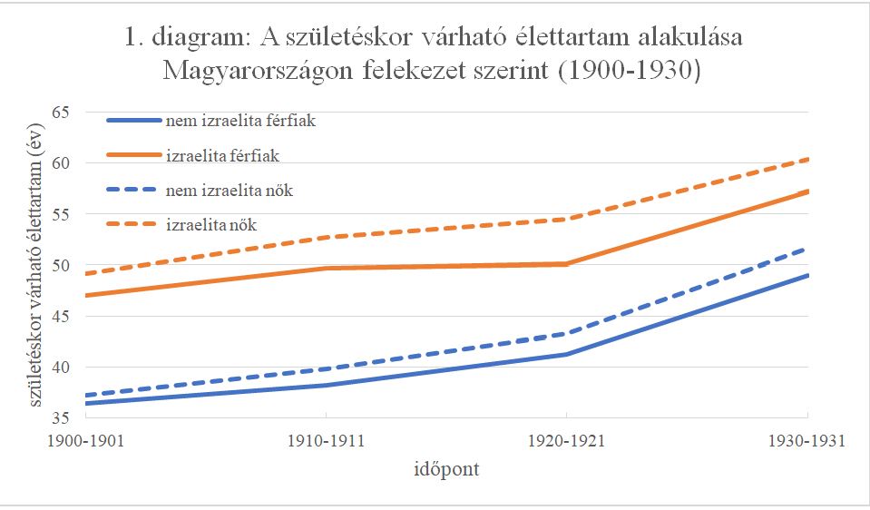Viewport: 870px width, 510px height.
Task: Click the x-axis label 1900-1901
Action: point(84,442)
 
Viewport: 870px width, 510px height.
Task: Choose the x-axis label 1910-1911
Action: point(326,442)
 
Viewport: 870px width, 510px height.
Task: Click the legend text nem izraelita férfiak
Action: point(240,121)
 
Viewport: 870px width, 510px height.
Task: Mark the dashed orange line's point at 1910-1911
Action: point(326,237)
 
